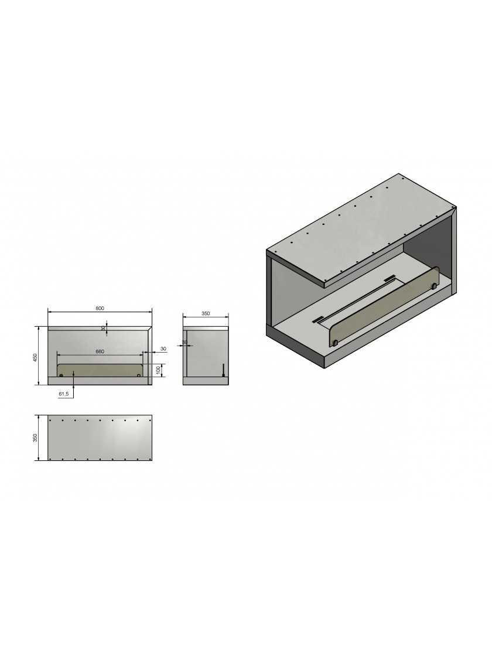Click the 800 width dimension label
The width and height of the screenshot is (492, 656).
click(x=100, y=308)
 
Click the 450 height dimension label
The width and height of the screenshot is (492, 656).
click(x=36, y=357)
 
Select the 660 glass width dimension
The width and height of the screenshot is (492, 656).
click(x=100, y=351)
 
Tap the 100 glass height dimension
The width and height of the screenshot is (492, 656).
click(x=158, y=370)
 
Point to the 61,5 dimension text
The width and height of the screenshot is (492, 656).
click(x=64, y=394)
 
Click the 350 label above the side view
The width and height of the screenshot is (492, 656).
click(x=206, y=313)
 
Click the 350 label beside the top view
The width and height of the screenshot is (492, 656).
click(x=36, y=437)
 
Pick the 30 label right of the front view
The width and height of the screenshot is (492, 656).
click(x=163, y=348)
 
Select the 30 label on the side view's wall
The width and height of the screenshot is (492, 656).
click(x=185, y=342)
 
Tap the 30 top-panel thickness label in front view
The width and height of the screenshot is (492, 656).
click(x=103, y=329)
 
